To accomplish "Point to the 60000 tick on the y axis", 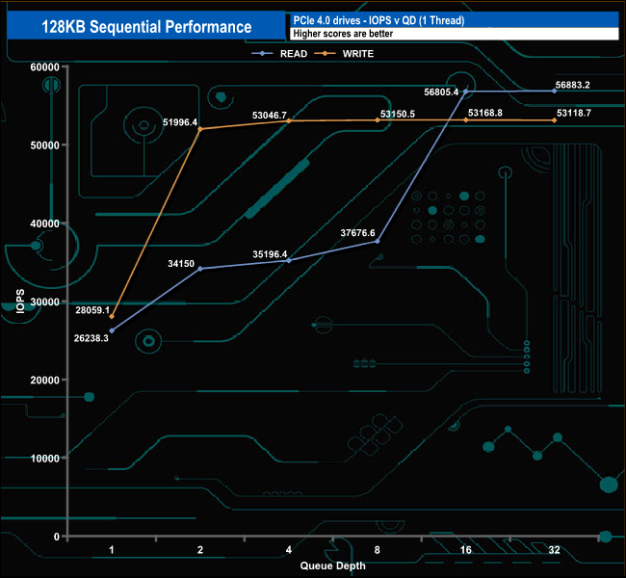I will coord(44,66).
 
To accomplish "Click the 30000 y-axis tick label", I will coord(44,302).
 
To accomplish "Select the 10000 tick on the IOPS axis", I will coord(44,458).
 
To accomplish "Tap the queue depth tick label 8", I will coord(377,550).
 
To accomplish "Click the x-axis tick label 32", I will coord(555,550).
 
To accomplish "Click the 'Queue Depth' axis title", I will coord(332,565).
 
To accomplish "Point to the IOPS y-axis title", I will coord(19,301).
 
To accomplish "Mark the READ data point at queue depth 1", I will coord(112,330).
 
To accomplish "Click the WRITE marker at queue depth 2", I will coord(200,129).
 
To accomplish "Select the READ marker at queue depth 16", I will coord(466,92).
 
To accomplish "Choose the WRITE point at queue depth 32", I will coord(555,120).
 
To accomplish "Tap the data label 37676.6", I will coord(357,232).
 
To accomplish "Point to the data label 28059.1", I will coord(92,310).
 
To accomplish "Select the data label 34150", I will coord(181,263).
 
